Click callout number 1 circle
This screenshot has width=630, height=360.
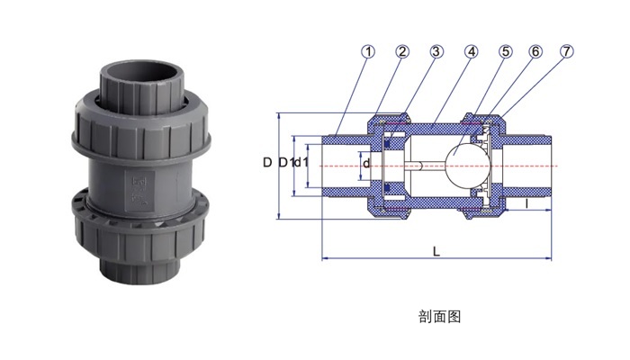[367, 52]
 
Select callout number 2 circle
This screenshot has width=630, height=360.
[402, 52]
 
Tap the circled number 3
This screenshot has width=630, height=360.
[436, 52]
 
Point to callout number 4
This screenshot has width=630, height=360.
[471, 52]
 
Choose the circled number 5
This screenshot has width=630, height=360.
[506, 52]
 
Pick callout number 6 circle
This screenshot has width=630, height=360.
[535, 52]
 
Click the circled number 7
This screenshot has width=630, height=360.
[566, 52]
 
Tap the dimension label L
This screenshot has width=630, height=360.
[436, 252]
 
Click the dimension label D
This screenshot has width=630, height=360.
[267, 162]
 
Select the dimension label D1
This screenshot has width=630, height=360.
[285, 162]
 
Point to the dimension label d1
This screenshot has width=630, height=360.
[301, 162]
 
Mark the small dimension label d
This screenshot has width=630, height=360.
[366, 164]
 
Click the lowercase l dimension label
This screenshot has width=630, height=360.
[526, 203]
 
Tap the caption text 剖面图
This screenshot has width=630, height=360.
[439, 317]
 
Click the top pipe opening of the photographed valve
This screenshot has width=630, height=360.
[142, 75]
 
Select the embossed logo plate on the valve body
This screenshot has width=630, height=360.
[139, 192]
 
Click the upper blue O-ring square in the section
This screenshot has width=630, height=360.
[388, 143]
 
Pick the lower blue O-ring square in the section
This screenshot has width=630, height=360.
[388, 188]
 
